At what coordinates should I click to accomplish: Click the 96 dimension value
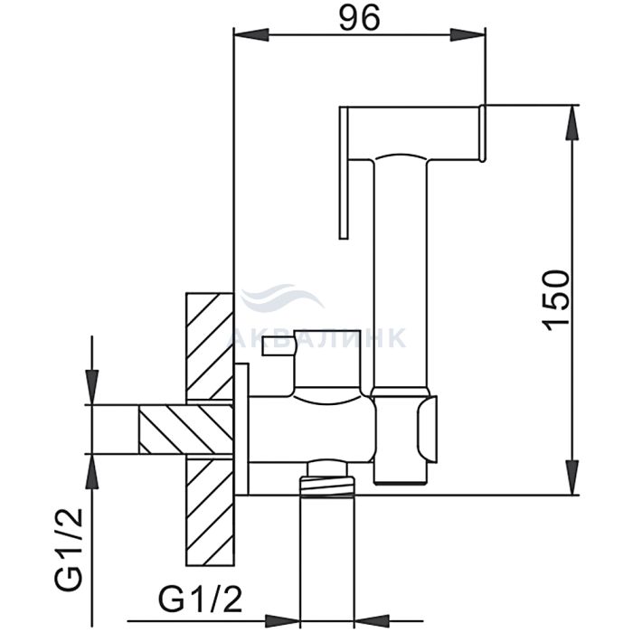pos(359,18)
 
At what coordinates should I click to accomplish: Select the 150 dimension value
pos(557,300)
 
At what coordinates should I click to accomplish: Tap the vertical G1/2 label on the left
pos(68,550)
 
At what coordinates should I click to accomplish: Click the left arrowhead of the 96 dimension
pos(251,34)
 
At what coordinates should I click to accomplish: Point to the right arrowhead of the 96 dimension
pos(468,34)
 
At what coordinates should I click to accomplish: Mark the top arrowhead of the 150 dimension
pos(572,123)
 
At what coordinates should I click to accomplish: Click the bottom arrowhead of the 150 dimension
pos(572,477)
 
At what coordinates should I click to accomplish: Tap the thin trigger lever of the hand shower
pos(344,173)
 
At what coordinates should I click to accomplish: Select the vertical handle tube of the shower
pos(400,275)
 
